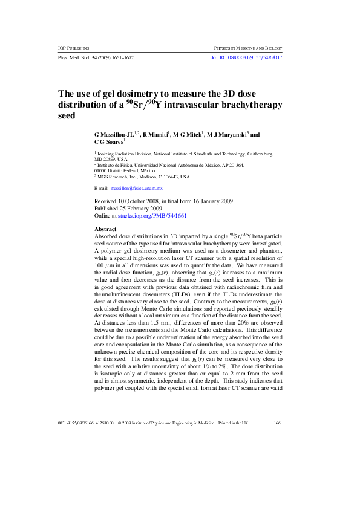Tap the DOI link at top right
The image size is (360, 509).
(x=246, y=57)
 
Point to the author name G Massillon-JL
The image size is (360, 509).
(x=114, y=135)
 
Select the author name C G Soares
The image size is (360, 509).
(x=108, y=143)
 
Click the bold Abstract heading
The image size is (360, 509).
(x=107, y=229)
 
